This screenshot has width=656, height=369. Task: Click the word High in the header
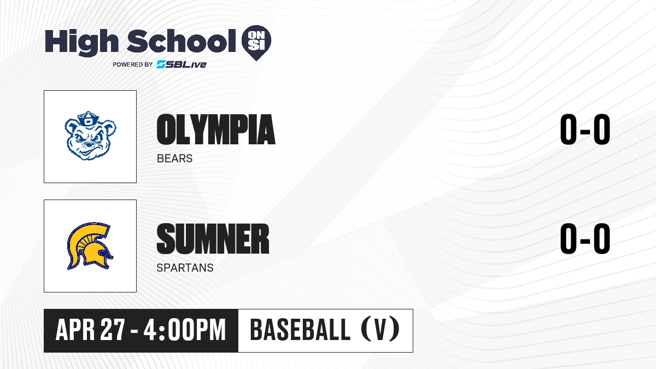coord(81,43)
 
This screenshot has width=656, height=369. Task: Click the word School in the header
coord(181,41)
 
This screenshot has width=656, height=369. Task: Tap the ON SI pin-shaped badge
coord(256,43)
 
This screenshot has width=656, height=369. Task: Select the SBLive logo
coord(181,64)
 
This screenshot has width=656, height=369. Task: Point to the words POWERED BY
coord(133,65)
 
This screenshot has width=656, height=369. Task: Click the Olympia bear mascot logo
coord(90,136)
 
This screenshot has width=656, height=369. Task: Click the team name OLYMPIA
coord(216,130)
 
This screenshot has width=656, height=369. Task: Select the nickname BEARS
coord(174,159)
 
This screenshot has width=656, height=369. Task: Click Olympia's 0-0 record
coord(585,130)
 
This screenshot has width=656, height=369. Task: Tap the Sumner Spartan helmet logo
coord(90,246)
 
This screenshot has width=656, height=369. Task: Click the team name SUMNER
coord(213,239)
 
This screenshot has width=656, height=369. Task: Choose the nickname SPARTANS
coord(185,268)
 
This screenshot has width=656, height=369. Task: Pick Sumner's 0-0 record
coord(585,239)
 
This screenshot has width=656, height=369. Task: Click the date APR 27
coord(90,330)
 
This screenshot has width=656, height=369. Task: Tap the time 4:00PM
coord(185,330)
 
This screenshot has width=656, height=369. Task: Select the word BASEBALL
coord(300,330)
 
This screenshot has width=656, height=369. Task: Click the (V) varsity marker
coord(380,329)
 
